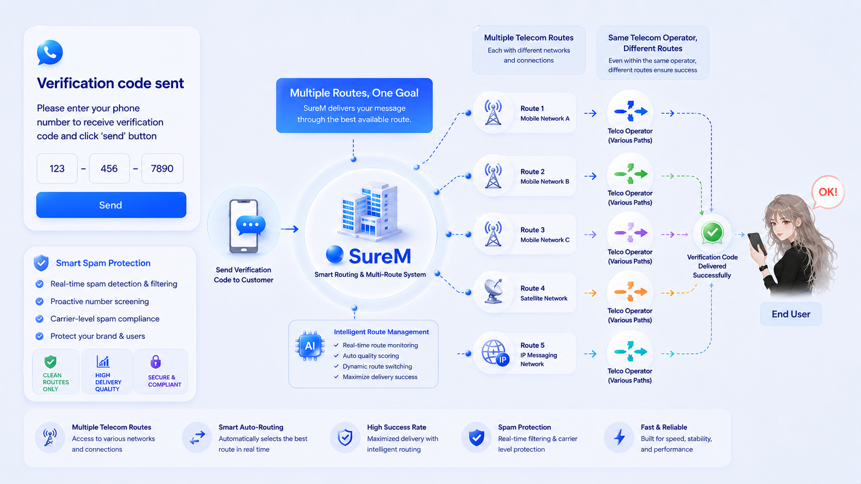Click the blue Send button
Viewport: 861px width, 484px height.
click(x=111, y=205)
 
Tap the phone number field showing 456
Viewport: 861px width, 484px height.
click(x=109, y=169)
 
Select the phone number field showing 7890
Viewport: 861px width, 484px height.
click(x=162, y=169)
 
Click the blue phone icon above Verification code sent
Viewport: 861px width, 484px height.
click(x=50, y=52)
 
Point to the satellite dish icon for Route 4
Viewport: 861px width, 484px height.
click(x=493, y=291)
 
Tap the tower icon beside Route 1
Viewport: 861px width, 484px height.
click(x=493, y=113)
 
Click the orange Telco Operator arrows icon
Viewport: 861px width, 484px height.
click(x=630, y=291)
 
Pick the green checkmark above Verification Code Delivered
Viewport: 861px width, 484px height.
click(x=712, y=232)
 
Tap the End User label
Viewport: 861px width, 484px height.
click(x=791, y=314)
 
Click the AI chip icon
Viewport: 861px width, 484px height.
click(x=310, y=346)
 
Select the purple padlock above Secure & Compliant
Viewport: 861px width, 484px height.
click(x=156, y=362)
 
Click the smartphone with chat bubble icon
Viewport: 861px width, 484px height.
click(x=246, y=226)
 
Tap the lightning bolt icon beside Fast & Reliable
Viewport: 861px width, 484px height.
click(x=619, y=437)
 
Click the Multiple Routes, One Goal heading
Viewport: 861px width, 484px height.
click(x=354, y=93)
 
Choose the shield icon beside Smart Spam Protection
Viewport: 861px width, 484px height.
click(x=41, y=263)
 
